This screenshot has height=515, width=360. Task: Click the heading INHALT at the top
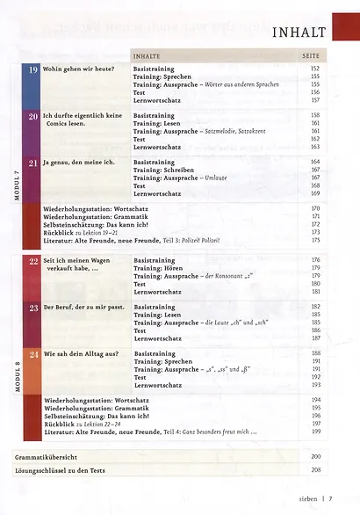(x=300, y=33)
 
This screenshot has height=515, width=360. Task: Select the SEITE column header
(x=315, y=55)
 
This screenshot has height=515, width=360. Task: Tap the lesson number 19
(x=33, y=69)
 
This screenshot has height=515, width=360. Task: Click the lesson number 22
(x=33, y=261)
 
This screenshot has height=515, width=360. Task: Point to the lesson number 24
(x=33, y=353)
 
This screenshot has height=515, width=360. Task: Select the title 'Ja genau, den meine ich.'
(x=80, y=163)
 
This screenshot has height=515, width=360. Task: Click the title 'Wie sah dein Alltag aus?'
(x=81, y=353)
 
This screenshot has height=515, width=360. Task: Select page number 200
(x=315, y=458)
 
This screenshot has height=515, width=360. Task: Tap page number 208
(x=315, y=472)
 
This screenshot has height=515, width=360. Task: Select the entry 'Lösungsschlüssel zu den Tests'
(x=61, y=472)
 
